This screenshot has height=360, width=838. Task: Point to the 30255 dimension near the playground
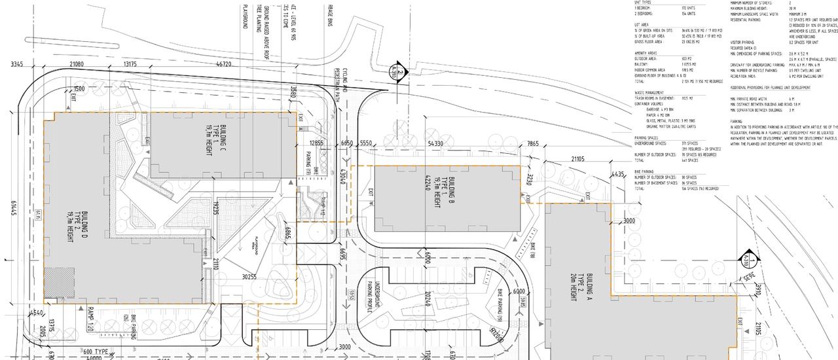[249, 278]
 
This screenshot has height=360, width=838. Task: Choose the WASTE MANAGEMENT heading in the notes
[649, 93]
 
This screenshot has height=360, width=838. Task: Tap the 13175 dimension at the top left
[126, 64]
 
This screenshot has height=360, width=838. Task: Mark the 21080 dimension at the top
[77, 64]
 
